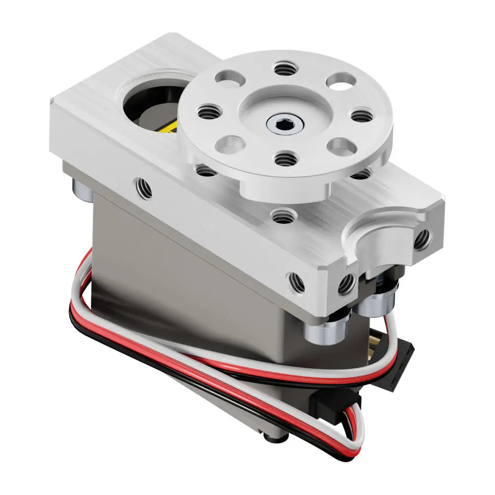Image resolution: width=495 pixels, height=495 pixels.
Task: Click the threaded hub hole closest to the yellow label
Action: coord(207,112)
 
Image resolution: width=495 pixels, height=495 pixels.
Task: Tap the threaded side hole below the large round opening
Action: coord(143,188)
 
